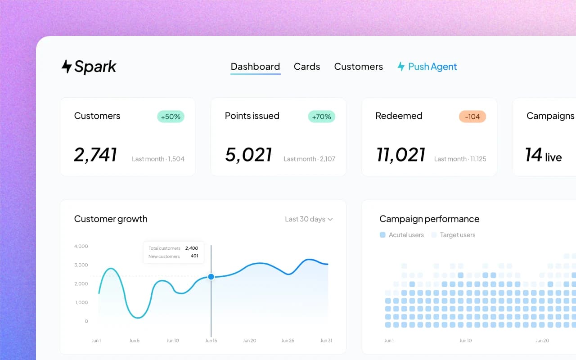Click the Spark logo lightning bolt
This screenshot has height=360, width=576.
pyautogui.click(x=67, y=67)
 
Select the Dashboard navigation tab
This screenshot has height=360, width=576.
pyautogui.click(x=255, y=67)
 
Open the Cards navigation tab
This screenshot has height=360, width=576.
pyautogui.click(x=307, y=67)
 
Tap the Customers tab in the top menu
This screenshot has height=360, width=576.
pyautogui.click(x=358, y=67)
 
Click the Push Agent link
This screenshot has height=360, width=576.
pyautogui.click(x=427, y=67)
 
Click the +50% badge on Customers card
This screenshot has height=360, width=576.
pyautogui.click(x=171, y=117)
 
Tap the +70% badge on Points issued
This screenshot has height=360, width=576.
pyautogui.click(x=321, y=117)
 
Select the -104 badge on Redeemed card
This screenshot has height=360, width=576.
pyautogui.click(x=472, y=117)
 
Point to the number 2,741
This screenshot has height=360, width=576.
pyautogui.click(x=95, y=155)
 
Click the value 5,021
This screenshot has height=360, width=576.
pyautogui.click(x=248, y=155)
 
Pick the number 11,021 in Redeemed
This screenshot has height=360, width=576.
pyautogui.click(x=400, y=155)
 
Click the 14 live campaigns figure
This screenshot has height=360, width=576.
pyautogui.click(x=544, y=155)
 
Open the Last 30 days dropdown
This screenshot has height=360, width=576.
pyautogui.click(x=309, y=219)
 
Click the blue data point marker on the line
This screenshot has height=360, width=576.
pyautogui.click(x=211, y=277)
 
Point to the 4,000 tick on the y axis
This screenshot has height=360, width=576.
pyautogui.click(x=81, y=246)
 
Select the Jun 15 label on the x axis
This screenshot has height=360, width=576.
pyautogui.click(x=211, y=341)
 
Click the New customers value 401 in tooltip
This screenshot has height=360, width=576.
pyautogui.click(x=194, y=256)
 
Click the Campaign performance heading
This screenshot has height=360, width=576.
pyautogui.click(x=429, y=219)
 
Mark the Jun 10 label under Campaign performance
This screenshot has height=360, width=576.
pyautogui.click(x=466, y=341)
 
